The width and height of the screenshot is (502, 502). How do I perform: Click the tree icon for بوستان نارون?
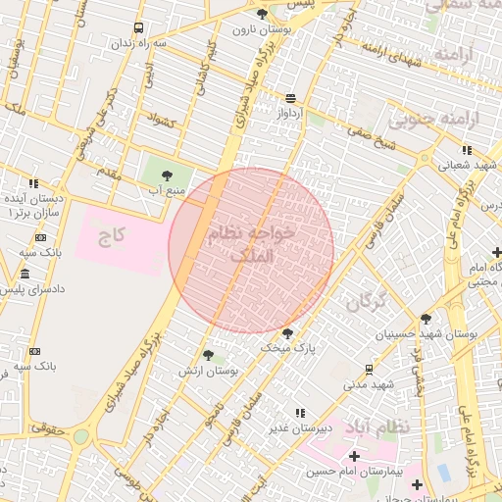tap(262, 13)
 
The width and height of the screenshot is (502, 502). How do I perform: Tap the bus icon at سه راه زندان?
tap(138, 28)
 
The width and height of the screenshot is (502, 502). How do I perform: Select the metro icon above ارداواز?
tap(290, 98)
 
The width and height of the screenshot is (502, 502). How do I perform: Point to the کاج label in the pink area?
tap(110, 235)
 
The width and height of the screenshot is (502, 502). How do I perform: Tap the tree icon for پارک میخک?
tap(286, 333)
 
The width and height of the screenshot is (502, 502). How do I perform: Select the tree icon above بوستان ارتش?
tap(207, 356)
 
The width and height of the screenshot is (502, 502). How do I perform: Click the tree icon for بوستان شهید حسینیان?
tap(426, 319)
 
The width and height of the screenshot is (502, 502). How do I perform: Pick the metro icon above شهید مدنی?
tap(369, 370)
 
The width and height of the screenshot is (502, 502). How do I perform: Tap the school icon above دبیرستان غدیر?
tap(300, 413)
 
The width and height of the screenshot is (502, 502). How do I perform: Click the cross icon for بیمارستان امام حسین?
tap(354, 456)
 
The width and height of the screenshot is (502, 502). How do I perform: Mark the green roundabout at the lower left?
tap(80, 436)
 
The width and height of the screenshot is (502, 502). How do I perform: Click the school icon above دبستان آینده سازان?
tap(33, 183)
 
